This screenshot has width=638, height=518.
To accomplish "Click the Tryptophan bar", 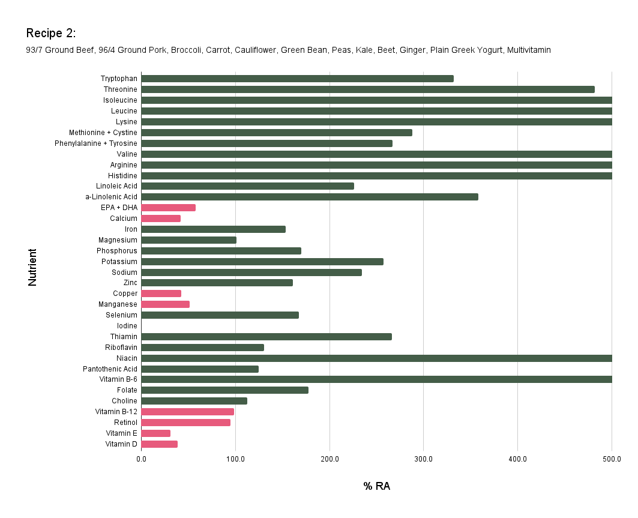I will pos(297,79).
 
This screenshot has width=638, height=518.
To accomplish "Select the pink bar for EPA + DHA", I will pos(168,208).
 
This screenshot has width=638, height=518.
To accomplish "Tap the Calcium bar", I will pos(161,218).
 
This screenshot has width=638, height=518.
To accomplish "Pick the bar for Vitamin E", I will pos(155,433).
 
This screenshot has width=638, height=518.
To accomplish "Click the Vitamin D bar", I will pos(159,444).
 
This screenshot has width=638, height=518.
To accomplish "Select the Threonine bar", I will pos(367,89).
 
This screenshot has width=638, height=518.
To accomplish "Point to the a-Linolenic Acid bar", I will pos(309,197).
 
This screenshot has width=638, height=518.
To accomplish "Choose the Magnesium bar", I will pos(188,240).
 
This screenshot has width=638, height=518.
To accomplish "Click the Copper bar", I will pos(161,294).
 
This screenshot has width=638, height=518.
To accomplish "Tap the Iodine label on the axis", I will pos(127,326).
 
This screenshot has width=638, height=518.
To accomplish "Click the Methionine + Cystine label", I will pos(103,133).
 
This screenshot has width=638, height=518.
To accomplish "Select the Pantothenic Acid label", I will pos(110,369).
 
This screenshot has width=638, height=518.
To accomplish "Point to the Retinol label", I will pos(125,423).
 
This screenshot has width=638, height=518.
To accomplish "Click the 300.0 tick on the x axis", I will pos(423,459).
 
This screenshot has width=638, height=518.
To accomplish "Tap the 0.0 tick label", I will pos(141,459).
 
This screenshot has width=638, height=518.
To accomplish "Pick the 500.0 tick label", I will pos(612,459).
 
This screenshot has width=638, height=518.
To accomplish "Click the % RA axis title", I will pos(376,486).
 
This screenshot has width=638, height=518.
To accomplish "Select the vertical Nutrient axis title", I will pos(32,267).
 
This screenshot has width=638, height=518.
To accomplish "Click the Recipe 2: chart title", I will pos(51,32).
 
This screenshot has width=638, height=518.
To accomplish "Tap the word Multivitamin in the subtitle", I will pos(528,50).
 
